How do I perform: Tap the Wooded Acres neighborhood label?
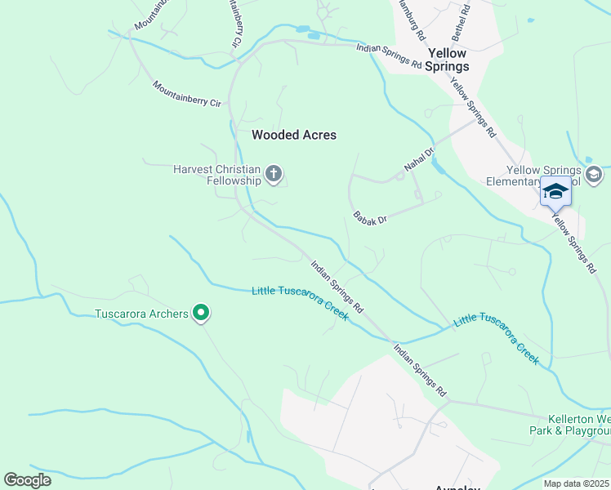coord(294,135)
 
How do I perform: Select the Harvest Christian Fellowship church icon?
coord(274,174)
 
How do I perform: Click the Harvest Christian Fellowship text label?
coord(216,175)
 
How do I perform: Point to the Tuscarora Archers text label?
coord(141,313)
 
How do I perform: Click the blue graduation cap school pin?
coord(555,192)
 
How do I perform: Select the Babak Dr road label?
coord(370,218)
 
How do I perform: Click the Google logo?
coord(27,480)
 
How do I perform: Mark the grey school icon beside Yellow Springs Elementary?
coord(594,174)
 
